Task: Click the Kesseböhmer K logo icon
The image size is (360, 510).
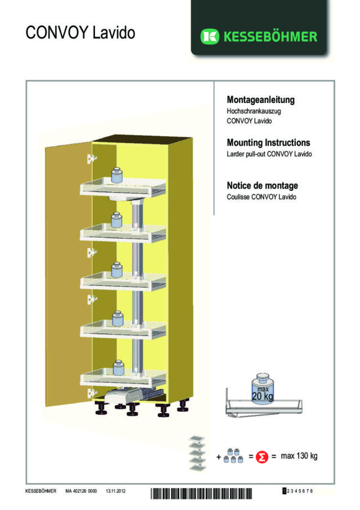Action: tap(210, 37)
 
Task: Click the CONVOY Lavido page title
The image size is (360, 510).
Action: tap(80, 33)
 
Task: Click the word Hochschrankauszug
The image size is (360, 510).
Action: tap(254, 111)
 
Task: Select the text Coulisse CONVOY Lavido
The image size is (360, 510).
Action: tap(262, 196)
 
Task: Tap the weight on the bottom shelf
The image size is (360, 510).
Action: tap(118, 368)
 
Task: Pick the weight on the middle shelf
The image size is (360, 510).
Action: tap(117, 269)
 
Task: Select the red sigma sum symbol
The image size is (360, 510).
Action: tap(261, 457)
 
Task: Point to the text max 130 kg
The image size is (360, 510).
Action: tap(299, 456)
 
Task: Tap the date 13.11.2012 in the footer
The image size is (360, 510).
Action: tap(115, 491)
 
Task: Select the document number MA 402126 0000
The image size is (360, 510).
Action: tap(81, 491)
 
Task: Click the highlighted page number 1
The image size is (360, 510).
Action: tap(284, 491)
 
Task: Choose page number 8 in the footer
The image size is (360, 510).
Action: tap(312, 491)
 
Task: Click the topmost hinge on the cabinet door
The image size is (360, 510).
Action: tap(88, 159)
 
